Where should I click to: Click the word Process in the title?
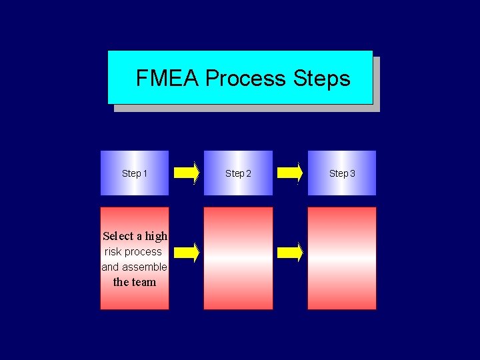(245, 79)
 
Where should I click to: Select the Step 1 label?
(135, 173)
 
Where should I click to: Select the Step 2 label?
(238, 173)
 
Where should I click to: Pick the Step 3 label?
(342, 173)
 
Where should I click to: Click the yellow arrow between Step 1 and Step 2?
(187, 173)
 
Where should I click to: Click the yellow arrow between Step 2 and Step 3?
(290, 173)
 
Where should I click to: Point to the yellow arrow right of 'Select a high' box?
(187, 252)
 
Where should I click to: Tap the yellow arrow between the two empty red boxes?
(290, 252)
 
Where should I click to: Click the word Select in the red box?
(118, 236)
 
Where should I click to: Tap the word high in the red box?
(156, 236)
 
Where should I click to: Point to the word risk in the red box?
(113, 252)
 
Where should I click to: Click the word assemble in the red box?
(145, 267)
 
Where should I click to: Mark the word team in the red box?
(143, 282)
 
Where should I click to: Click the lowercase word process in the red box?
(143, 252)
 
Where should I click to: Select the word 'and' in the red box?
(110, 267)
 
